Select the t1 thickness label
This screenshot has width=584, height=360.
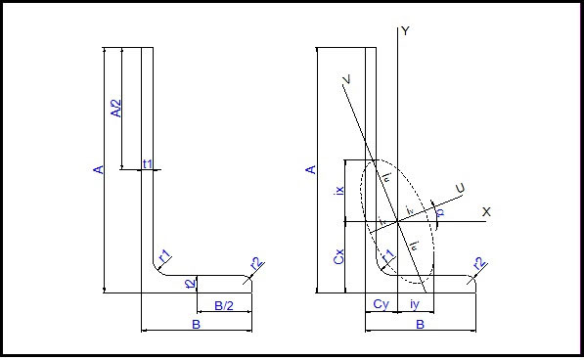pos(148,164)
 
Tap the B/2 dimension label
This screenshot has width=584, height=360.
pos(224,306)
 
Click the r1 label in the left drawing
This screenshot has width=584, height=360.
pos(165,256)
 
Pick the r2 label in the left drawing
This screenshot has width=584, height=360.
pos(256,264)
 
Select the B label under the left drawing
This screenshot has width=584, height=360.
pos(196,324)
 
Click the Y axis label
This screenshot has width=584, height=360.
pos(405,31)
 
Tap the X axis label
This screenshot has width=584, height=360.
pos(485,211)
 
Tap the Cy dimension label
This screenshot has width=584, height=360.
pos(382,306)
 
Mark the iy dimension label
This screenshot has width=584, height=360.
pos(417,306)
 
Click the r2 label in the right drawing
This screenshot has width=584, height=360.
pos(478,264)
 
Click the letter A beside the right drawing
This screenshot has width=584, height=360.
pos(312,170)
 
